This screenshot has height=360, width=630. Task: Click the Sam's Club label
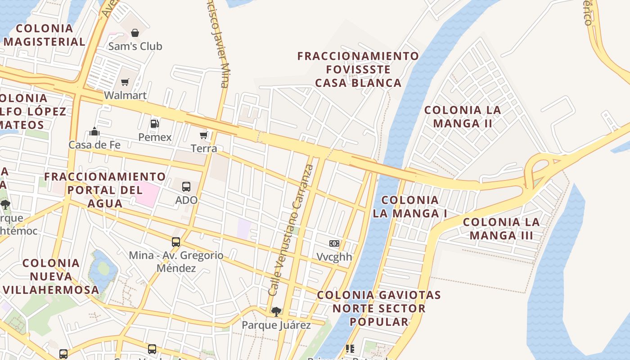135,46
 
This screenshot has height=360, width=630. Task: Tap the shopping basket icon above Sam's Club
135,32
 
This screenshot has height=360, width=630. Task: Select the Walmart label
125,95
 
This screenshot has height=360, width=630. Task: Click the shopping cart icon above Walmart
125,82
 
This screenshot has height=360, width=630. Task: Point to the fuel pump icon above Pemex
155,124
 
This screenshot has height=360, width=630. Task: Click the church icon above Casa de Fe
94,131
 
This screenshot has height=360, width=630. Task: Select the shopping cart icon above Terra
204,135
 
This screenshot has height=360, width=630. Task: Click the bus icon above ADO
186,186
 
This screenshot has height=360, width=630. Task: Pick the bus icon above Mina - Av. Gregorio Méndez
176,242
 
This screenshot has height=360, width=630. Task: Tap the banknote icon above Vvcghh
334,243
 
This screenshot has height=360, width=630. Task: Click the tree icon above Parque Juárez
276,311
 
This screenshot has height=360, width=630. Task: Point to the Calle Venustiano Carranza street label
292,229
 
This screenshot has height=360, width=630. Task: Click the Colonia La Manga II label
463,117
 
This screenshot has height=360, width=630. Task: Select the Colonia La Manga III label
501,229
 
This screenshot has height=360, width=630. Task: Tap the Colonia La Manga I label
410,207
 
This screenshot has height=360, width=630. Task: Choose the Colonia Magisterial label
45,35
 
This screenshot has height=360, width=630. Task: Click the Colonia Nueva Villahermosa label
51,276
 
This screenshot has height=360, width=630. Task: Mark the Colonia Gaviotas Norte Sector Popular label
379,308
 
